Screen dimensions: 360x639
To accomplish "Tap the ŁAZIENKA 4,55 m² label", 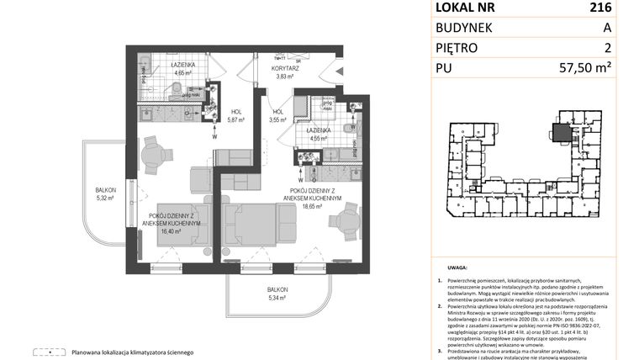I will tap(318, 135).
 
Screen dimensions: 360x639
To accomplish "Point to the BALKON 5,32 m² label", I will tap(105, 194).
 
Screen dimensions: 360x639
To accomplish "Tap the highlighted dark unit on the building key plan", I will tap(559, 131).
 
